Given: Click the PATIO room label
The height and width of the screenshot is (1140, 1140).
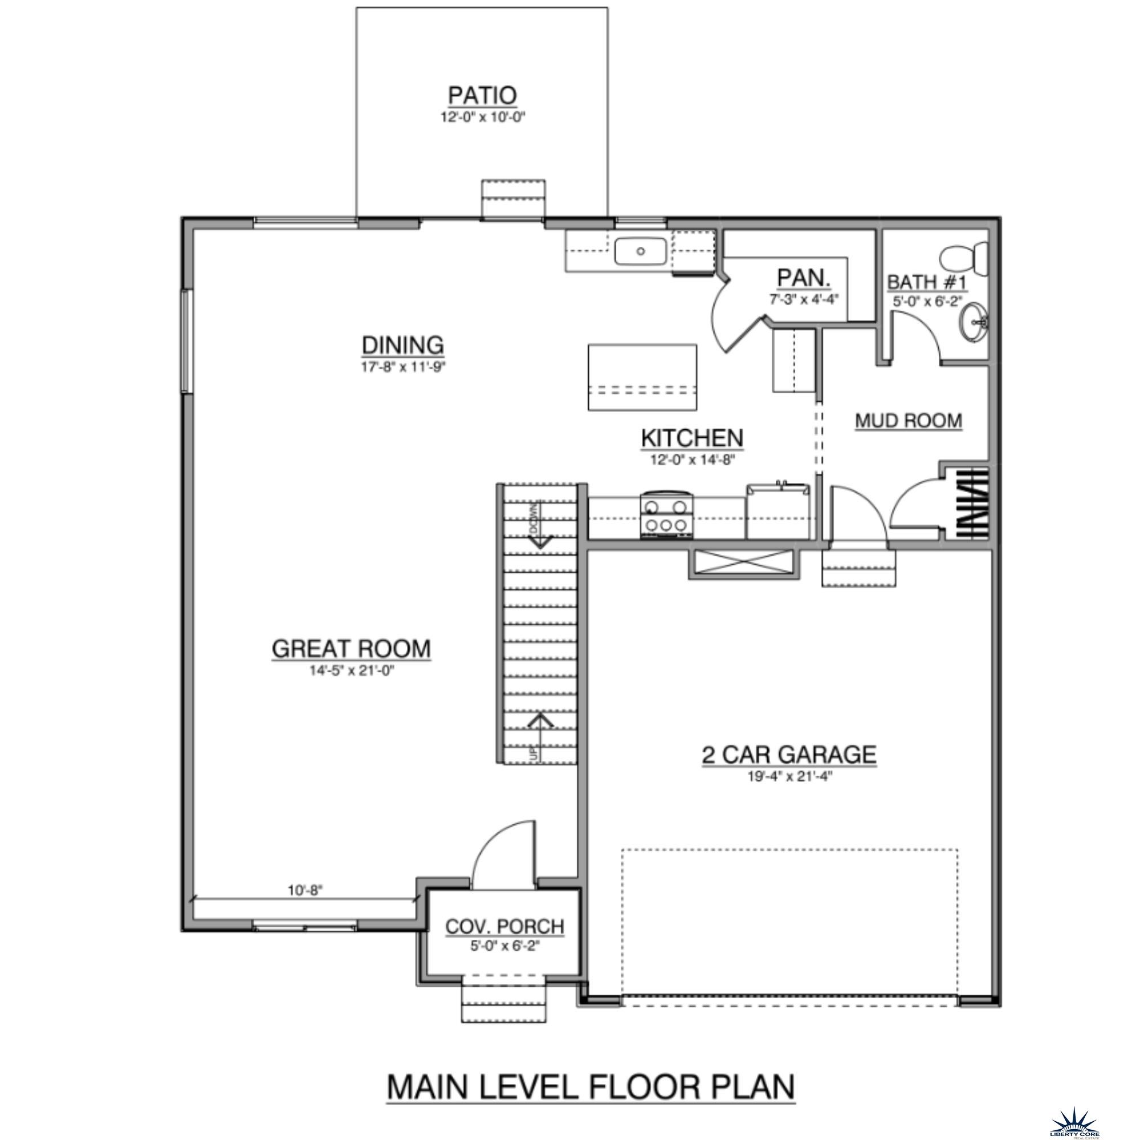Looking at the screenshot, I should point(482,95).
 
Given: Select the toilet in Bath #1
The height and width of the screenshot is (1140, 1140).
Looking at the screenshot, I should point(963,258).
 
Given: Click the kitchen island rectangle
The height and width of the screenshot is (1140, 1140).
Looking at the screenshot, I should point(642,378).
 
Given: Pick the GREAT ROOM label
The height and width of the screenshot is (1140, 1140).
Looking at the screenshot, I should point(351,649).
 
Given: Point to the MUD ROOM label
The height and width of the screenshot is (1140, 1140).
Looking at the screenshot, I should point(908,421).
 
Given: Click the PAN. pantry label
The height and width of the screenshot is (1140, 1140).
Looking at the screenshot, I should point(804,278).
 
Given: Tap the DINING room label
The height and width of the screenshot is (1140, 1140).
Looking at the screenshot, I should point(402,345).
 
